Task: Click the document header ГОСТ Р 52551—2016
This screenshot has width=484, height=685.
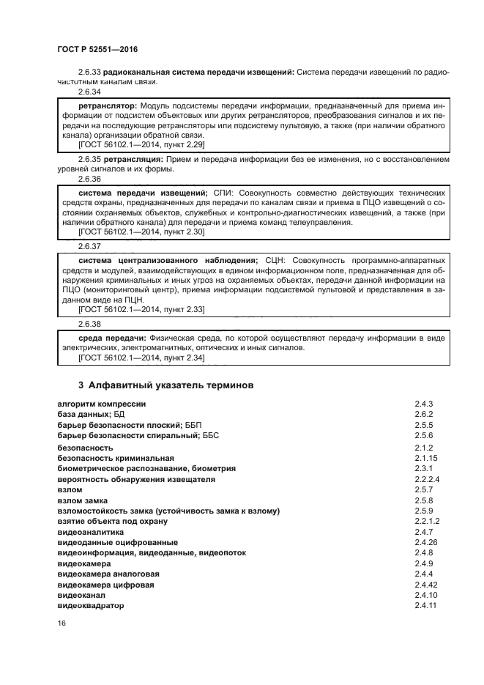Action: (x=97, y=49)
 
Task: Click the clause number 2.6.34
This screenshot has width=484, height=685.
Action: (x=89, y=92)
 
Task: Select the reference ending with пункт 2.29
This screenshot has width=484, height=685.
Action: (x=141, y=145)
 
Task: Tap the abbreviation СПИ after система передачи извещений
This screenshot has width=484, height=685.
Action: (x=222, y=191)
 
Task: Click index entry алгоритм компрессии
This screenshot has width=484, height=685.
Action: (x=102, y=404)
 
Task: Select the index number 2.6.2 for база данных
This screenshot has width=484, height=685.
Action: (x=425, y=414)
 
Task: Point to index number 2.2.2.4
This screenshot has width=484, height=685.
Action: (x=428, y=479)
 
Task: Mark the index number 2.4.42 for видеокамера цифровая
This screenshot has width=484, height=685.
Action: (x=428, y=585)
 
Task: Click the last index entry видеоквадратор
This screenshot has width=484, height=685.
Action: (x=91, y=606)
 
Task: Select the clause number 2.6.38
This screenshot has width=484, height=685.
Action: (x=89, y=323)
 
